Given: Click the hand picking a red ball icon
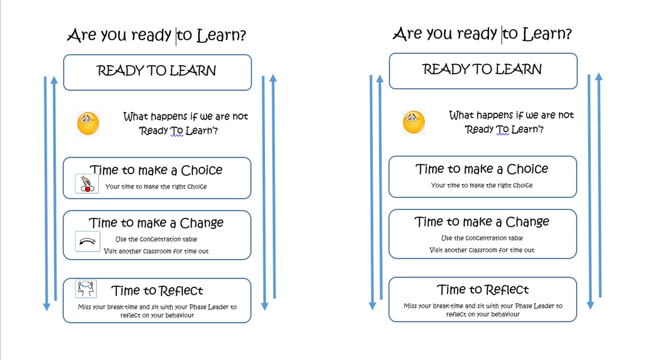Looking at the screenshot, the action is (x=87, y=183).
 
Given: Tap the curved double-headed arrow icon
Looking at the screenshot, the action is (x=88, y=242).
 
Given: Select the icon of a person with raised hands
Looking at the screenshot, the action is (x=86, y=289).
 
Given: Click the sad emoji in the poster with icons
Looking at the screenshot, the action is (x=88, y=124).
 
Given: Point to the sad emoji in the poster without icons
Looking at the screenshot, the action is (x=414, y=122).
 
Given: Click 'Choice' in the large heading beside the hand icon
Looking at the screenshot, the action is (x=202, y=170).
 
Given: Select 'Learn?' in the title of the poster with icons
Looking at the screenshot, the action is (x=221, y=35).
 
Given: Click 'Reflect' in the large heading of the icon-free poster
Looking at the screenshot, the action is (x=506, y=290).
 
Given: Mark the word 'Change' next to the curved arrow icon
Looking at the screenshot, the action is (x=202, y=223).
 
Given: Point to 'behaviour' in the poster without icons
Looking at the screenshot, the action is (x=505, y=314).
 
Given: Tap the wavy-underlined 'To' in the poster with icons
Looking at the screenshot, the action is (x=177, y=131).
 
